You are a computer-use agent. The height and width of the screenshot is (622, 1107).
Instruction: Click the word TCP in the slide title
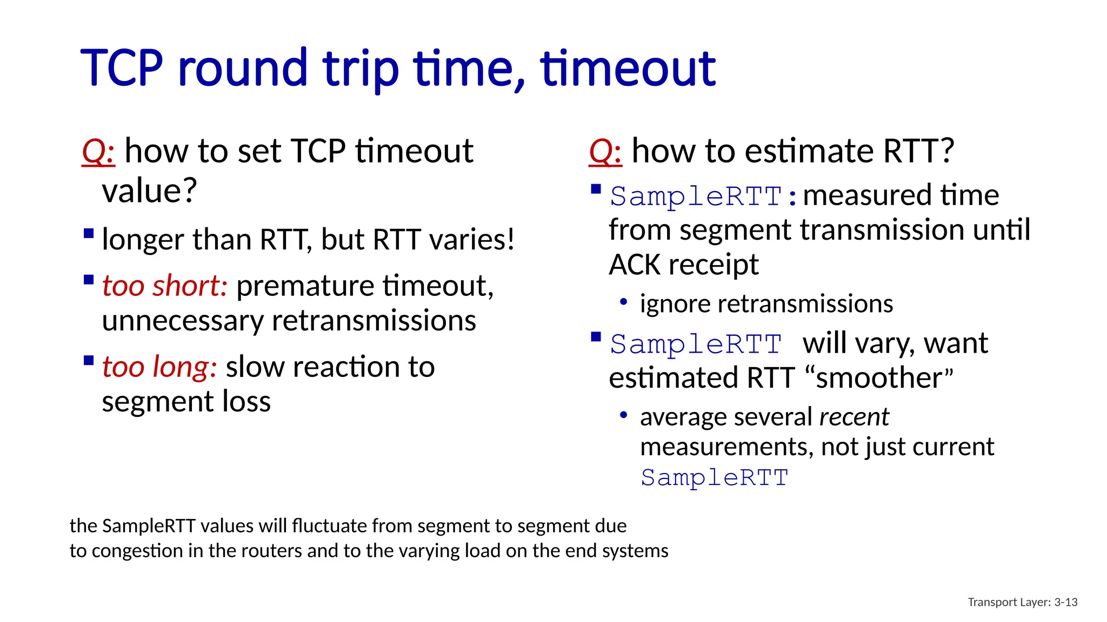click(122, 68)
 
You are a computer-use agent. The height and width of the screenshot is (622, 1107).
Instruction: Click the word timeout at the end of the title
click(628, 68)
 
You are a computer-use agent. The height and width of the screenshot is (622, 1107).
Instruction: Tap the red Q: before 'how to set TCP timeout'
click(98, 151)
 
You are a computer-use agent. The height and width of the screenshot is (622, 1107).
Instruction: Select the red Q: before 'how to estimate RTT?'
click(605, 151)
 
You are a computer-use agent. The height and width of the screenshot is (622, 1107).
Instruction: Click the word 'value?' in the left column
click(149, 191)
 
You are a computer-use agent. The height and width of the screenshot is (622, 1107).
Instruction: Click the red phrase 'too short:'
click(164, 286)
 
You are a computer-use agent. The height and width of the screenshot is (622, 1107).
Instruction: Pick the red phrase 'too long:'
click(159, 367)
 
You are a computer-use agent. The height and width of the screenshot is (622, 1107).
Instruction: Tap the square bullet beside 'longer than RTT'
click(89, 234)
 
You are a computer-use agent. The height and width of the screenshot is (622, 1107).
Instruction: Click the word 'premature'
click(306, 286)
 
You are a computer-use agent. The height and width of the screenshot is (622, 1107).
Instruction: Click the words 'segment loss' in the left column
click(186, 402)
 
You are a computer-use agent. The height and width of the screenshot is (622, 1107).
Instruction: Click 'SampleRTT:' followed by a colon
click(703, 196)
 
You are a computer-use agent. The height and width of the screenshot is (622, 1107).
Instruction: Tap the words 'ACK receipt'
click(683, 265)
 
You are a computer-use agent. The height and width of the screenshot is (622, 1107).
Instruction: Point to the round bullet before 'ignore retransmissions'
click(623, 302)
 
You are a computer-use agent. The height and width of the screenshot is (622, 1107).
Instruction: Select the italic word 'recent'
click(853, 417)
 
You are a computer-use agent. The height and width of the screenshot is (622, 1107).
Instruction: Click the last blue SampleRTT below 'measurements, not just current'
click(714, 478)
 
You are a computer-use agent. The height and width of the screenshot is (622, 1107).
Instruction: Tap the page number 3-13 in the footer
click(1065, 602)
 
